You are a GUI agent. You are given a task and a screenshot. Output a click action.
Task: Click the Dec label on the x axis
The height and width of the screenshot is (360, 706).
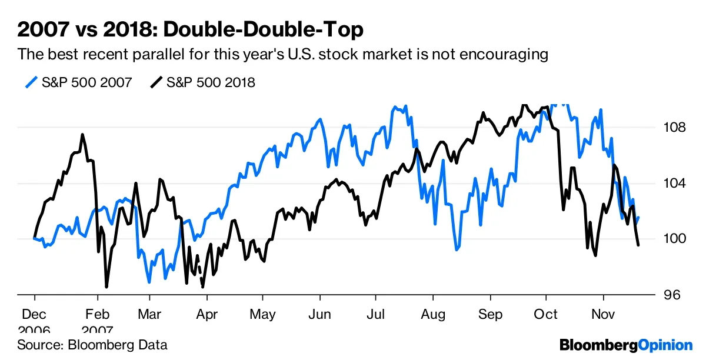[x=35, y=314]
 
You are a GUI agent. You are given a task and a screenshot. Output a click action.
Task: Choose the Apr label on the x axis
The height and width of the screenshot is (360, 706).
[x=206, y=314]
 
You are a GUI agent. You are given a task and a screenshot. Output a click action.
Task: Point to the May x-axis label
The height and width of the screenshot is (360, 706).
[x=262, y=314]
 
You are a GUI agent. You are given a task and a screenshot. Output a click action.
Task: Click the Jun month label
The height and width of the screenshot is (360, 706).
[x=319, y=314]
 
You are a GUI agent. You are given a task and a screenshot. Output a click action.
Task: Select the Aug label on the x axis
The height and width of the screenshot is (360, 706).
[x=432, y=314]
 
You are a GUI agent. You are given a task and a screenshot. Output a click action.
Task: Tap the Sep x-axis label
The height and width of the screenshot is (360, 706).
[x=489, y=314]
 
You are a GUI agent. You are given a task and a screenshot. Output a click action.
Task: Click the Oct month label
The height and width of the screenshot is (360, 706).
[x=545, y=314]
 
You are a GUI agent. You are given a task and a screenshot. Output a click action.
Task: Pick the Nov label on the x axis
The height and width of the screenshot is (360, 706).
[x=602, y=314]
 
